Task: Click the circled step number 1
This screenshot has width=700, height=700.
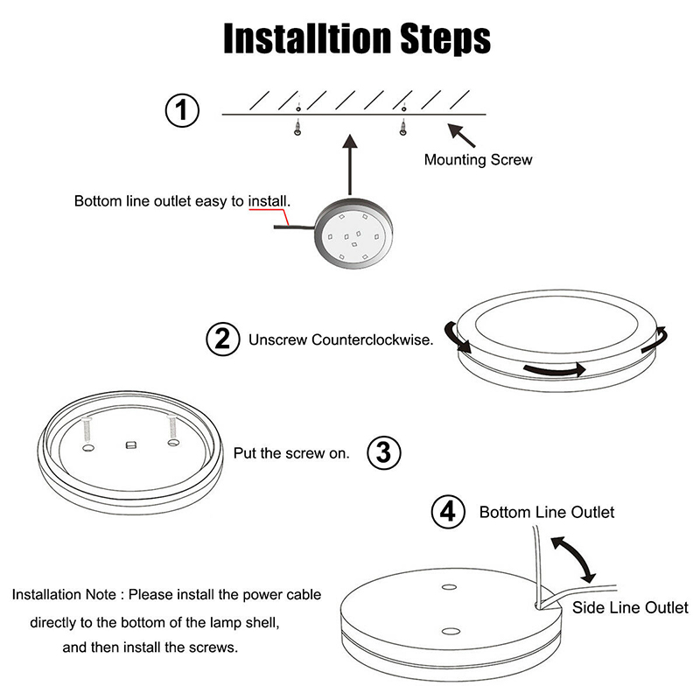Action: [x=182, y=110]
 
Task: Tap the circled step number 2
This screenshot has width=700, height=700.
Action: [x=223, y=339]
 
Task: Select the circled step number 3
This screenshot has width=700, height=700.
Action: [x=384, y=452]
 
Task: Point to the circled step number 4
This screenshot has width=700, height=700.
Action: [x=448, y=512]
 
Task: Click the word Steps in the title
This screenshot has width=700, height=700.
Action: [x=445, y=38]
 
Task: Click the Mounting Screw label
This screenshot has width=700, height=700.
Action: [x=478, y=159]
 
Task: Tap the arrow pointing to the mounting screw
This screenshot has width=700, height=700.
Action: [x=461, y=136]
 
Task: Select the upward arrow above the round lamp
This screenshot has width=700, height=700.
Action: [x=350, y=164]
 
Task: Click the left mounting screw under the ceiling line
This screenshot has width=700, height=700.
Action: [x=297, y=127]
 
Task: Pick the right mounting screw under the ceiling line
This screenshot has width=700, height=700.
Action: [x=403, y=127]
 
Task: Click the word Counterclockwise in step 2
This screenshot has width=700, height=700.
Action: [x=373, y=339]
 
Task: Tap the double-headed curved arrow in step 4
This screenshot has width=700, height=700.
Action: [x=574, y=559]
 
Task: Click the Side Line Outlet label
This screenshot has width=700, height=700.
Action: [x=630, y=607]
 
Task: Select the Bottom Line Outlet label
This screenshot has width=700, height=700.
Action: [x=546, y=512]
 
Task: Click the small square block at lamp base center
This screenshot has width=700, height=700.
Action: [x=130, y=445]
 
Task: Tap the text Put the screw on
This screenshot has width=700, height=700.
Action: [x=291, y=453]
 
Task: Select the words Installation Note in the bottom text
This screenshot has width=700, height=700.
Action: [x=64, y=595]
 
